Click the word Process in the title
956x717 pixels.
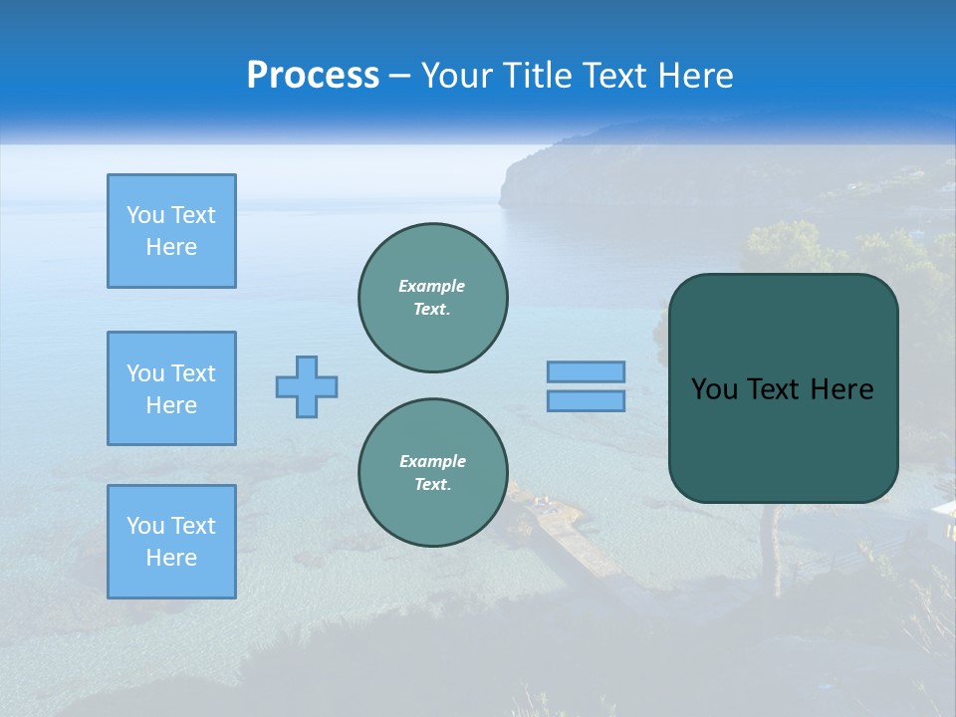[313, 76]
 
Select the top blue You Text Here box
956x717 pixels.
[171, 231]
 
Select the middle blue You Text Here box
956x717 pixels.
[171, 388]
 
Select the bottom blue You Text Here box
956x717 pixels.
[171, 542]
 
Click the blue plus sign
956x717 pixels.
[307, 386]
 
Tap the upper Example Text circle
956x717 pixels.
[432, 297]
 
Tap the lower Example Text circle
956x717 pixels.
[432, 472]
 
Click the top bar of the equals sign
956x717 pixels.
[586, 372]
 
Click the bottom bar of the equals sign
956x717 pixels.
[586, 400]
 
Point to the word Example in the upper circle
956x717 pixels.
[431, 286]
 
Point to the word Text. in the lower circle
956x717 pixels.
[432, 484]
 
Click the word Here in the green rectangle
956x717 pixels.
[841, 389]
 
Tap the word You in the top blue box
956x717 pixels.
[143, 215]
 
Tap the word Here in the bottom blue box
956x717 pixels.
[171, 558]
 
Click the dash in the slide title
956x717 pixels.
[400, 76]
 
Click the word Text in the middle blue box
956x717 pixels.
[192, 373]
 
